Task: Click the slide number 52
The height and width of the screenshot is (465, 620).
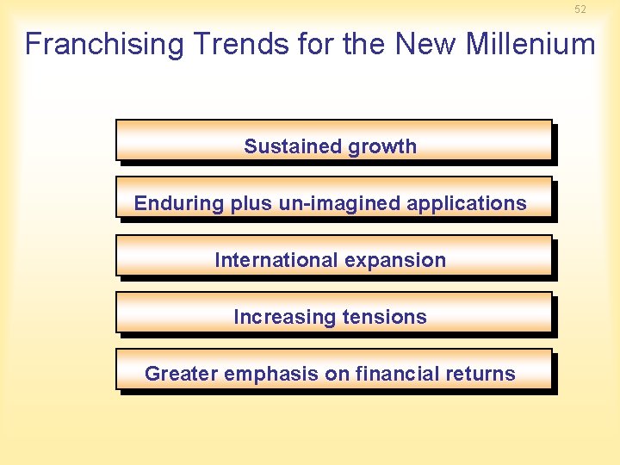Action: [x=580, y=9]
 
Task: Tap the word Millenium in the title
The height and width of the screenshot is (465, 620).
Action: [x=530, y=44]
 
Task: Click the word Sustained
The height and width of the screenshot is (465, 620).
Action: [x=282, y=146]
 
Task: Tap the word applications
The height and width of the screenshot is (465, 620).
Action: [x=466, y=204]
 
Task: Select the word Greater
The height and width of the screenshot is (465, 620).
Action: [x=180, y=374]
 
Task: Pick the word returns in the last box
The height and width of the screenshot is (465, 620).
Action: [x=481, y=374]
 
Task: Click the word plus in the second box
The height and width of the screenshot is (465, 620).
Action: [x=249, y=204]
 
